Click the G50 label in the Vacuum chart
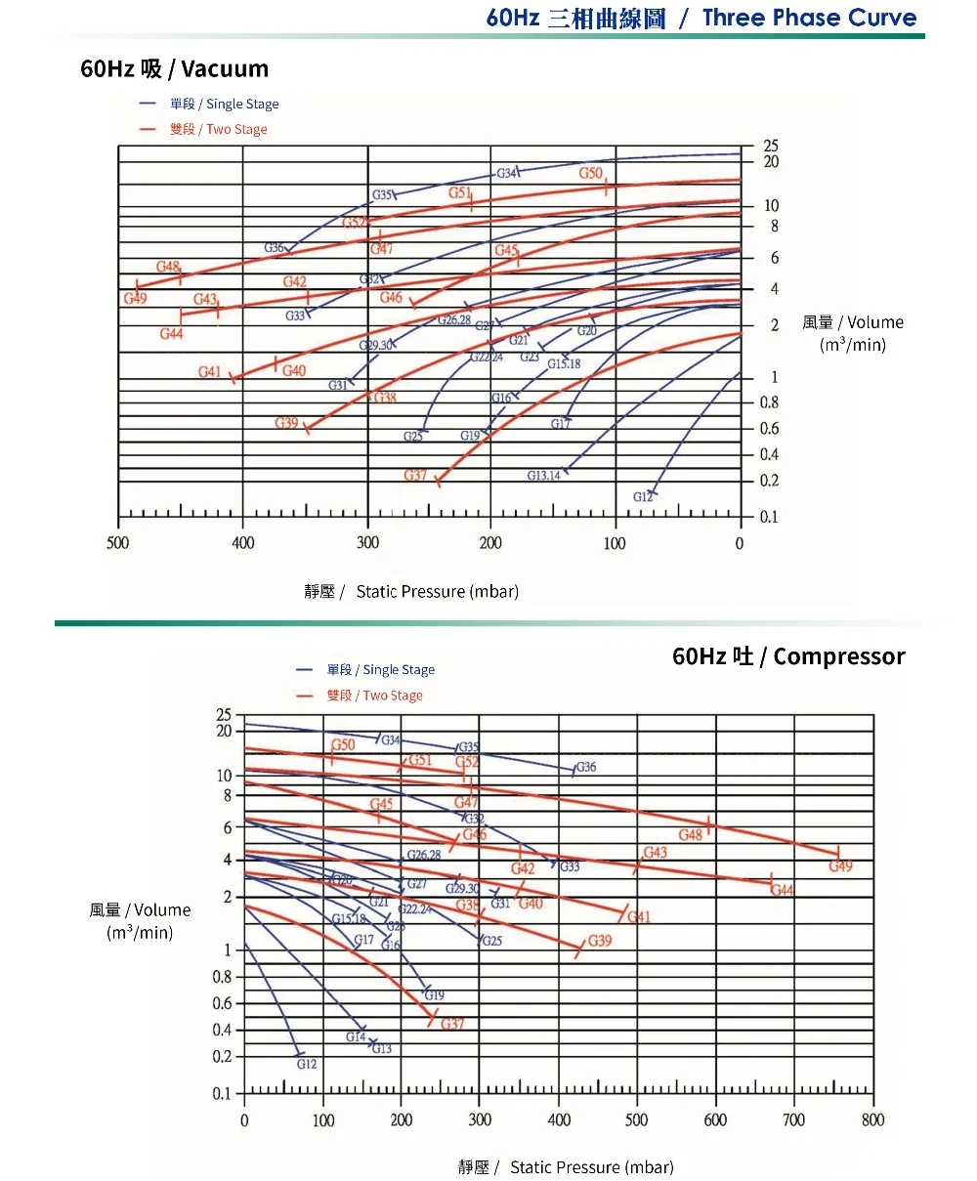click(590, 174)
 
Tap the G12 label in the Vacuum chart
click(642, 497)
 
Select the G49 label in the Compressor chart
click(840, 866)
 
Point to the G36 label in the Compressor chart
click(585, 767)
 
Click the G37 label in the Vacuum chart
click(415, 476)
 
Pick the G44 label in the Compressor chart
click(782, 890)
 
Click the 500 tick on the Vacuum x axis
click(117, 543)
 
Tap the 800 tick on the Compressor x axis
click(872, 1119)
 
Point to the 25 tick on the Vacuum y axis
click(771, 146)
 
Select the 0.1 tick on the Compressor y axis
click(222, 1094)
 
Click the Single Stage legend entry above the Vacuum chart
click(224, 104)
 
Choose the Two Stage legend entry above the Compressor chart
click(374, 696)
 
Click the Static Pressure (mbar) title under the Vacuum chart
click(411, 591)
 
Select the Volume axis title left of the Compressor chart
click(140, 921)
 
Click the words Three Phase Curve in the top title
click(809, 18)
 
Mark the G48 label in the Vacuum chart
click(168, 267)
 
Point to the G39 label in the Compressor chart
click(600, 941)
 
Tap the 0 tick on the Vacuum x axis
click(740, 543)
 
